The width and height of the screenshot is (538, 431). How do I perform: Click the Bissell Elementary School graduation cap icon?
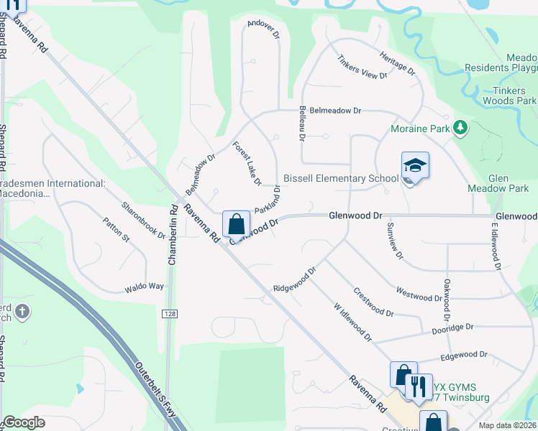tap(415, 166)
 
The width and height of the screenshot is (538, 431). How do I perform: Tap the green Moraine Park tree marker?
tap(460, 129)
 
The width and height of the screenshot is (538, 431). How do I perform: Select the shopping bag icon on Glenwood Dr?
tap(236, 225)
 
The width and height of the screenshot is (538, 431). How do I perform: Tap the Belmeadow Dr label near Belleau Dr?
tap(330, 111)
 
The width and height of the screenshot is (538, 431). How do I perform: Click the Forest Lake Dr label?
tap(246, 163)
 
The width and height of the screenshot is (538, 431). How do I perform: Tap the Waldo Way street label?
tap(144, 287)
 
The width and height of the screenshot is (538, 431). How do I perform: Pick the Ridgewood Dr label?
tap(294, 280)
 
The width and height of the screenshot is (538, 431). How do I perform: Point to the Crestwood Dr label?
tap(373, 302)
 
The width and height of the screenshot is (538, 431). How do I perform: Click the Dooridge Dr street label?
tap(452, 328)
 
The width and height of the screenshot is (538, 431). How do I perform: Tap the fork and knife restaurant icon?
tap(419, 387)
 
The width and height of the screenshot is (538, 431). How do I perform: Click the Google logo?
tap(24, 422)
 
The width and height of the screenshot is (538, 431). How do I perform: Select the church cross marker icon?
tap(22, 311)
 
